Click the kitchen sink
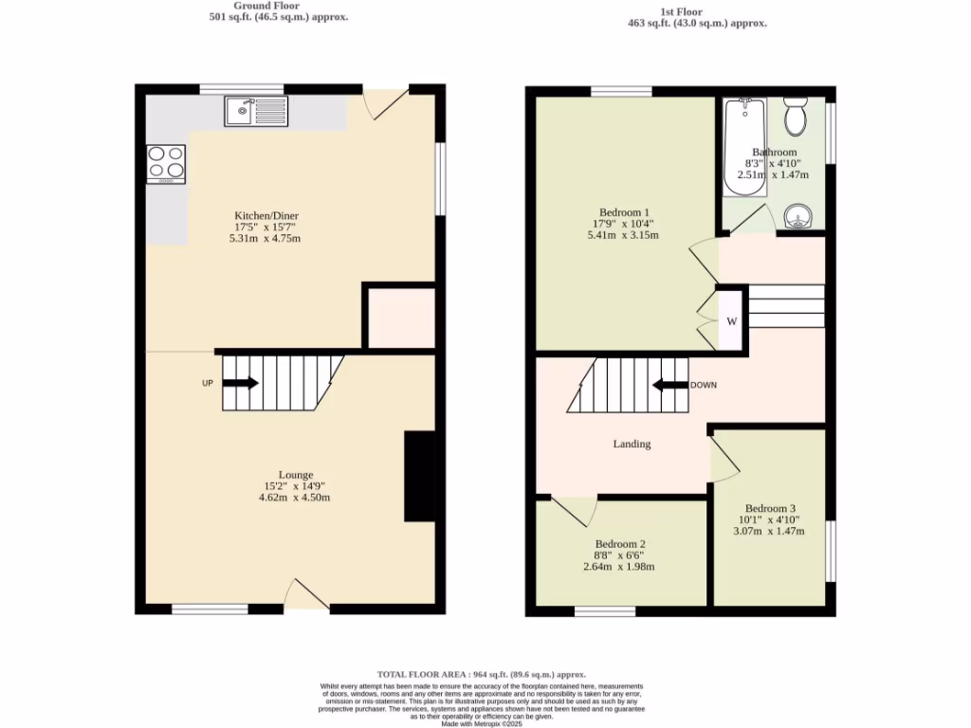point(256,112)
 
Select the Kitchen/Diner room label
point(266,215)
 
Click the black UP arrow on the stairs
point(240,383)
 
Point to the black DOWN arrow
point(670,385)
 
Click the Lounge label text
point(295,475)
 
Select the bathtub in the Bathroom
point(744,147)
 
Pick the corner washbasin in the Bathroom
point(799,220)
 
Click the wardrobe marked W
point(731,321)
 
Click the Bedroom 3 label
point(769,507)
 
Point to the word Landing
point(632,444)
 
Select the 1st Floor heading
point(697,11)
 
